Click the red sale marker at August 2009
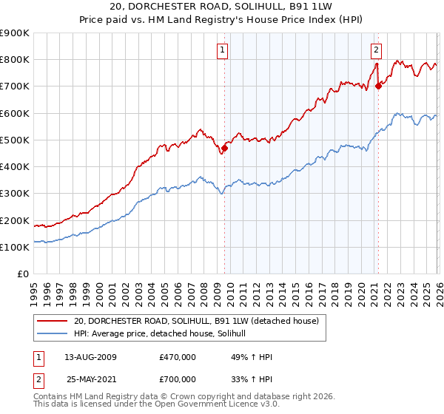(x=225, y=148)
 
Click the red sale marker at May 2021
(x=378, y=86)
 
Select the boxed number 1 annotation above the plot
(x=223, y=50)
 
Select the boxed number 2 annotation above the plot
(x=376, y=50)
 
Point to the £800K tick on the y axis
(x=15, y=60)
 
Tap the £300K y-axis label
(x=15, y=194)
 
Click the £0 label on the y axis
(x=22, y=274)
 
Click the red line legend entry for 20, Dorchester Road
(x=195, y=321)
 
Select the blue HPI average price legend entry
(x=164, y=334)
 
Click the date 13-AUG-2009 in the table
(x=90, y=357)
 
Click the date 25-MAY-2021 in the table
(x=90, y=379)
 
